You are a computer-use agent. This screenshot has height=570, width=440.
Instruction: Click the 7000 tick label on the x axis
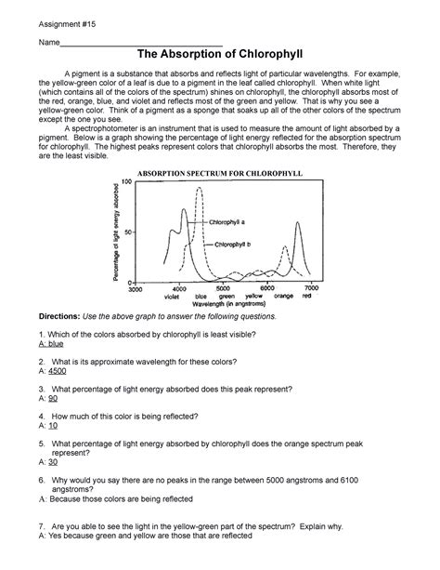coord(311,289)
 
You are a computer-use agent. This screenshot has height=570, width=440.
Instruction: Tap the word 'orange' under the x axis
coord(283,297)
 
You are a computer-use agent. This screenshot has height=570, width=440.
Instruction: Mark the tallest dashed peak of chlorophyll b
coord(199,190)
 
